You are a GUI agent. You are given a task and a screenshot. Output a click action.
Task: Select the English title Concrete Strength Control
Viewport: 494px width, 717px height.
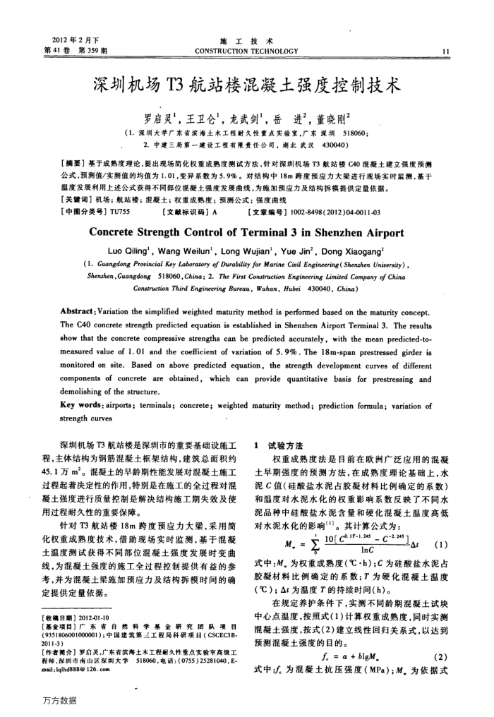tap(247, 233)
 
